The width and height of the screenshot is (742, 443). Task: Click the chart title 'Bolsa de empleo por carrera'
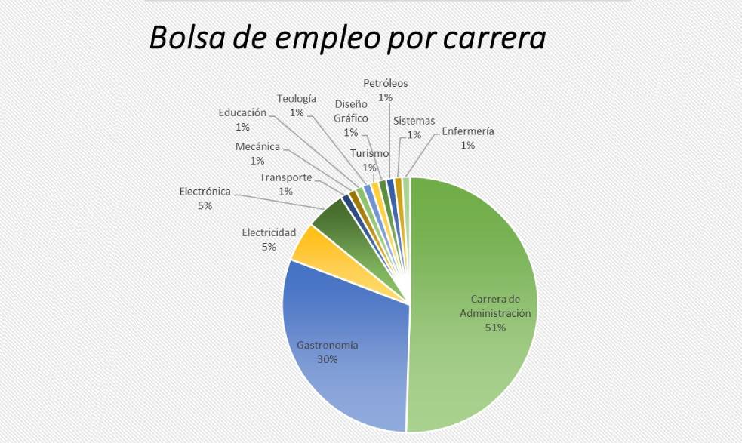point(346,38)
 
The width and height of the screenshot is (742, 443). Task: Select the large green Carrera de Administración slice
point(476,249)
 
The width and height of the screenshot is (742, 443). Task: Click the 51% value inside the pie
point(495,328)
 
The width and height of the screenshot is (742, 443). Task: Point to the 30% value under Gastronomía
point(327,359)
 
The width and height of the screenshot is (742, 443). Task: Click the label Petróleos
point(385,84)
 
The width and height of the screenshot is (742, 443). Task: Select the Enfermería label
point(468,131)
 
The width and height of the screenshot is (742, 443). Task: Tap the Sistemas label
point(414,121)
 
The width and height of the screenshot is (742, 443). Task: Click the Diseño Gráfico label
point(351,111)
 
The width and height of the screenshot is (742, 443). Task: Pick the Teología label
point(296,98)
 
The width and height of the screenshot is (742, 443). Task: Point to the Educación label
point(242,112)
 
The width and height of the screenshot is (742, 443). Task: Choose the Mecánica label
point(257,146)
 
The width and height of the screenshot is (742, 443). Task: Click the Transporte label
point(285,177)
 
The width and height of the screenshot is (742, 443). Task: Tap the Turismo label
point(369,154)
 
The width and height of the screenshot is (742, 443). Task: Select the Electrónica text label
point(205,192)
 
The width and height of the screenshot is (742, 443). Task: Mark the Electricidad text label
point(269,232)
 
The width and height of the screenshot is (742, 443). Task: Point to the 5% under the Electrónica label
point(205,205)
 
